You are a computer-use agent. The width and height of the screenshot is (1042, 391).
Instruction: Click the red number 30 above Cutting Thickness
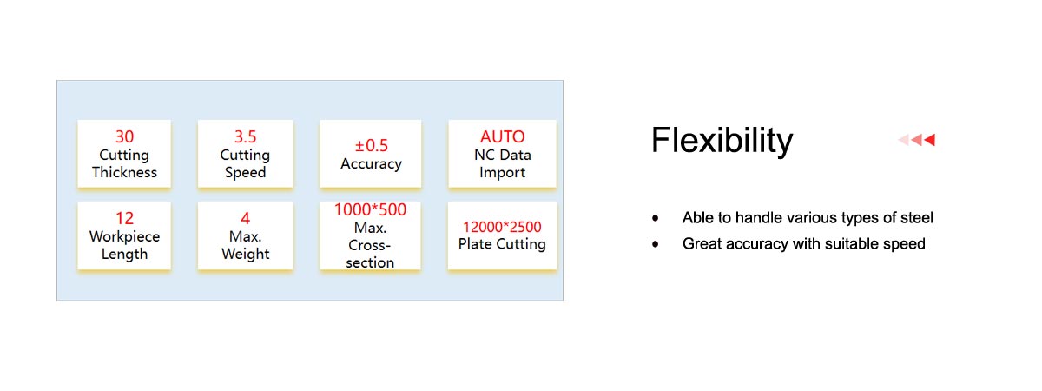[125, 137]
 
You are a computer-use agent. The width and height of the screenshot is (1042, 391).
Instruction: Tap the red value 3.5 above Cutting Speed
[245, 137]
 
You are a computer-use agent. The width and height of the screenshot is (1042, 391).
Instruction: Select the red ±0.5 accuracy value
[372, 146]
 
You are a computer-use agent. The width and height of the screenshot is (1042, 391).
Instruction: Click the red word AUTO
[503, 137]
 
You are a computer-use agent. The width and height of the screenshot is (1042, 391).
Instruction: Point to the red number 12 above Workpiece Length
[125, 218]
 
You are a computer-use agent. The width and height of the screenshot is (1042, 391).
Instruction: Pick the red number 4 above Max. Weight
[245, 218]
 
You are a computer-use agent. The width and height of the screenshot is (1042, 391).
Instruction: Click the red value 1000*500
[370, 210]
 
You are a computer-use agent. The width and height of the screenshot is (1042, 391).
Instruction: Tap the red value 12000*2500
[502, 227]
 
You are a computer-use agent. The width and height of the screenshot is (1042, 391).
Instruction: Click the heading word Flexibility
[722, 140]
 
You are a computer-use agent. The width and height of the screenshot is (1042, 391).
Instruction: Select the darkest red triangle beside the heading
[930, 140]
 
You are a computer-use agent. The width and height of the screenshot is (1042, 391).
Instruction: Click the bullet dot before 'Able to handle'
[656, 218]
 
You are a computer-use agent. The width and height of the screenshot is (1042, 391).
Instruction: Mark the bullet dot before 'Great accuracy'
[656, 244]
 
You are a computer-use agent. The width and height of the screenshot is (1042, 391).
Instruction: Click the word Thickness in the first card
[124, 172]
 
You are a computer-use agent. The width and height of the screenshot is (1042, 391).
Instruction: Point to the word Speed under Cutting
[245, 173]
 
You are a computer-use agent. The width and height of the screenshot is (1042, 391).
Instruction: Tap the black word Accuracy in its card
[372, 164]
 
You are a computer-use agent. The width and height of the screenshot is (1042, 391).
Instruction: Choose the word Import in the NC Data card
[503, 173]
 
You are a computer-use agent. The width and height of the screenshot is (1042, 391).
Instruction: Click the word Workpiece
[125, 236]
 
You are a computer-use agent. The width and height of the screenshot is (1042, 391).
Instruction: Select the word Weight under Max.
[245, 254]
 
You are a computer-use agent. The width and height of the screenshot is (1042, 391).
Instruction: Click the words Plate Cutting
[502, 244]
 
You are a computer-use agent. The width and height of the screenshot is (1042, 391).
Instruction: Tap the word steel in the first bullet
[917, 218]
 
